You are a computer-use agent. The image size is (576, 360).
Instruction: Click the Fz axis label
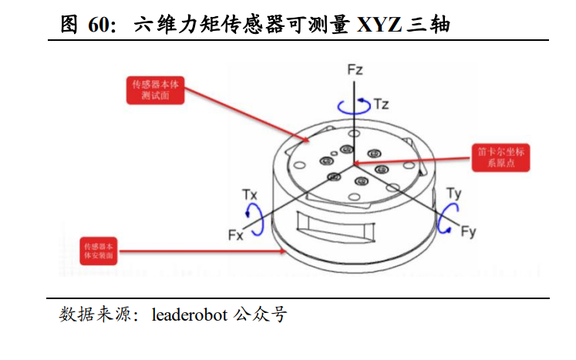[x=355, y=69]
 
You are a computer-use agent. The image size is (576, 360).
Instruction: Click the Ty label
[x=453, y=193]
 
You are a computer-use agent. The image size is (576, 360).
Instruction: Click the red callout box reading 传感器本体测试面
[x=155, y=90]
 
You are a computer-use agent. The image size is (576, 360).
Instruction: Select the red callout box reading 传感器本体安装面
[x=99, y=250]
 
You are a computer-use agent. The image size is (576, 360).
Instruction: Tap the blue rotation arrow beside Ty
[x=445, y=221]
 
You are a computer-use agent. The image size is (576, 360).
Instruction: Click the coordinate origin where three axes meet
[x=354, y=163]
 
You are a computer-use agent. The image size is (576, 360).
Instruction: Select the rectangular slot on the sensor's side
[x=321, y=228]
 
